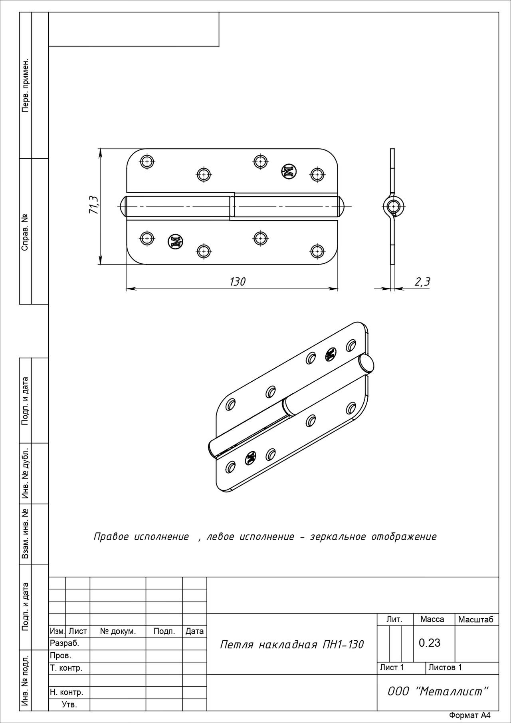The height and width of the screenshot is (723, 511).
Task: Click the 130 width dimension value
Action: pyautogui.click(x=237, y=282)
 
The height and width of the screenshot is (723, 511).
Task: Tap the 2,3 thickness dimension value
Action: pyautogui.click(x=422, y=282)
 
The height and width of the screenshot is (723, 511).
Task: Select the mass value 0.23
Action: pyautogui.click(x=430, y=643)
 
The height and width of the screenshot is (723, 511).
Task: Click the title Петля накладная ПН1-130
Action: pyautogui.click(x=292, y=644)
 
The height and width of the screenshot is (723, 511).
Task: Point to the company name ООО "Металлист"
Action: pyautogui.click(x=438, y=691)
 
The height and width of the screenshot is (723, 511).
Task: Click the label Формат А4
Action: pyautogui.click(x=469, y=715)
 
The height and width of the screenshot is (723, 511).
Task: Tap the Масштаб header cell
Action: pyautogui.click(x=476, y=619)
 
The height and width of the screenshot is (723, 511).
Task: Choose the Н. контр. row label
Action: pyautogui.click(x=66, y=692)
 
